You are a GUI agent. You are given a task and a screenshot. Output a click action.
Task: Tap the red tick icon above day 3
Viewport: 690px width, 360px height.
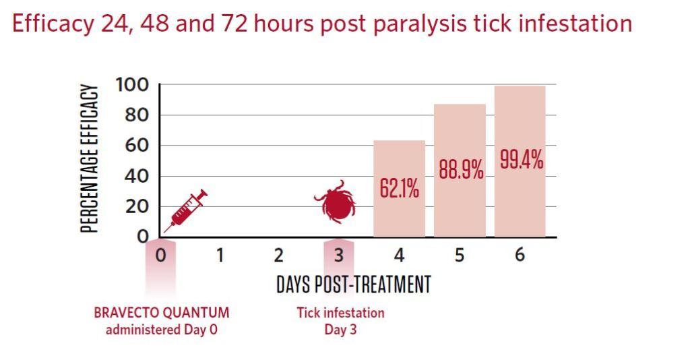pyautogui.click(x=336, y=202)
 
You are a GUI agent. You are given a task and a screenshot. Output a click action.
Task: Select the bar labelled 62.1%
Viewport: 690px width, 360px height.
pyautogui.click(x=399, y=189)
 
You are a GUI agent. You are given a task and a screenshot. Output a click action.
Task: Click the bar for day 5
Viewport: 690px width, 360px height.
pyautogui.click(x=460, y=171)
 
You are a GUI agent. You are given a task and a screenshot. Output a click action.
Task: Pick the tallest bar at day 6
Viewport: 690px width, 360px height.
pyautogui.click(x=520, y=162)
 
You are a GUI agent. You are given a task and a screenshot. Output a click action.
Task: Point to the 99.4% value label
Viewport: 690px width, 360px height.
pyautogui.click(x=522, y=160)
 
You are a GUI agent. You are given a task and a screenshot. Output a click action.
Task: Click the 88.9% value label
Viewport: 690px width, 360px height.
pyautogui.click(x=461, y=169)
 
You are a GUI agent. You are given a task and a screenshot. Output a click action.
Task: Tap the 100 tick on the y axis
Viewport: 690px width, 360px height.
pyautogui.click(x=132, y=84)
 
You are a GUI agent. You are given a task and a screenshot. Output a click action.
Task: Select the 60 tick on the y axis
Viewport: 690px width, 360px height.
pyautogui.click(x=137, y=145)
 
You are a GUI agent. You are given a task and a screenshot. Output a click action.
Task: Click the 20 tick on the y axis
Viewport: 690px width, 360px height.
pyautogui.click(x=137, y=206)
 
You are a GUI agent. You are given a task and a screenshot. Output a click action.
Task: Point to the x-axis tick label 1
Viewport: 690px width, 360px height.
pyautogui.click(x=220, y=255)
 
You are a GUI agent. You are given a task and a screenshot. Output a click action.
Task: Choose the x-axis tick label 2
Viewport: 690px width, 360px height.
pyautogui.click(x=278, y=255)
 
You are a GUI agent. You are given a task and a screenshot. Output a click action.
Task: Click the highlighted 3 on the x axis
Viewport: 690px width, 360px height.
pyautogui.click(x=338, y=255)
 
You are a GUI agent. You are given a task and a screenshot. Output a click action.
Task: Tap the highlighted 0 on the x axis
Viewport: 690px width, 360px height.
pyautogui.click(x=161, y=255)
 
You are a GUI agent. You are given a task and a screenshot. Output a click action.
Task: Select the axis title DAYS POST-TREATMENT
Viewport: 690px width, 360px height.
pyautogui.click(x=354, y=284)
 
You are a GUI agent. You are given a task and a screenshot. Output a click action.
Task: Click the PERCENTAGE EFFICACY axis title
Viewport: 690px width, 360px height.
pyautogui.click(x=89, y=158)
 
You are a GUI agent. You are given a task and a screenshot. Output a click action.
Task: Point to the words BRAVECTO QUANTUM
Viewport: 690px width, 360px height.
pyautogui.click(x=162, y=313)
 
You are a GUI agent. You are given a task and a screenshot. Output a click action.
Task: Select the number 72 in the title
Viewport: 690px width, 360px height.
pyautogui.click(x=235, y=23)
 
